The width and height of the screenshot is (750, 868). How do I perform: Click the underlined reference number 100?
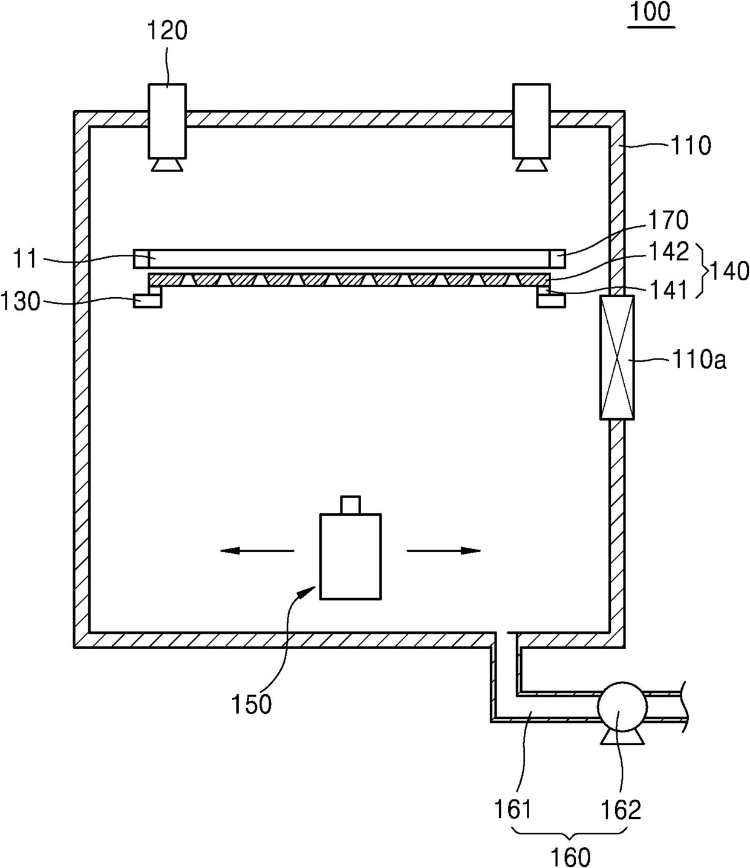click(651, 13)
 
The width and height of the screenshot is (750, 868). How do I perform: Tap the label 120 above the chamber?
click(167, 31)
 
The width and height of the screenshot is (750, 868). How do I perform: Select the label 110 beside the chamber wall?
click(691, 146)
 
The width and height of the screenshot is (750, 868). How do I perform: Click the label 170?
click(668, 220)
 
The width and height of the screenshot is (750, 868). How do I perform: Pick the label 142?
click(668, 251)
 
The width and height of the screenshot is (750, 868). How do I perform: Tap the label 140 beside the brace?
click(729, 271)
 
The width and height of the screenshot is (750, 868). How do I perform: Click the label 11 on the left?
click(25, 260)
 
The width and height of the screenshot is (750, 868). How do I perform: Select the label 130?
click(21, 301)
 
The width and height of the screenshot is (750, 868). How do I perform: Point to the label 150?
click(251, 704)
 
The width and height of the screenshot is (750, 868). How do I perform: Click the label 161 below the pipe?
click(513, 809)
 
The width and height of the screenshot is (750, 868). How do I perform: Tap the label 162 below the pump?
click(620, 809)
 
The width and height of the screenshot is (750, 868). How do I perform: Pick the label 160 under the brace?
click(570, 856)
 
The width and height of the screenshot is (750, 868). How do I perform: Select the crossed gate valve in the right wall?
click(617, 357)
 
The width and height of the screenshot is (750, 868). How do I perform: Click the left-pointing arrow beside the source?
click(257, 550)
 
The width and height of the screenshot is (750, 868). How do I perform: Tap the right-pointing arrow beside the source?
click(444, 550)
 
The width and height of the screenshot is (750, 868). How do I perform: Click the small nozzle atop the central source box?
click(350, 505)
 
